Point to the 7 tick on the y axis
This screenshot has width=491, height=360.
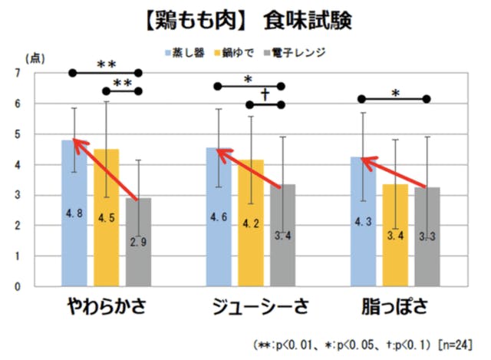[x=18, y=73]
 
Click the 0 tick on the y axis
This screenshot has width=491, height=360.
[x=18, y=286]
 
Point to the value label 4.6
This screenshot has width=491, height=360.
[x=218, y=217]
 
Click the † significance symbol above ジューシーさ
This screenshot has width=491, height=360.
[x=265, y=94]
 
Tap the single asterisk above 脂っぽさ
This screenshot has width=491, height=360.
[x=394, y=93]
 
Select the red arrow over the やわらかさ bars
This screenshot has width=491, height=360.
[x=107, y=170]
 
